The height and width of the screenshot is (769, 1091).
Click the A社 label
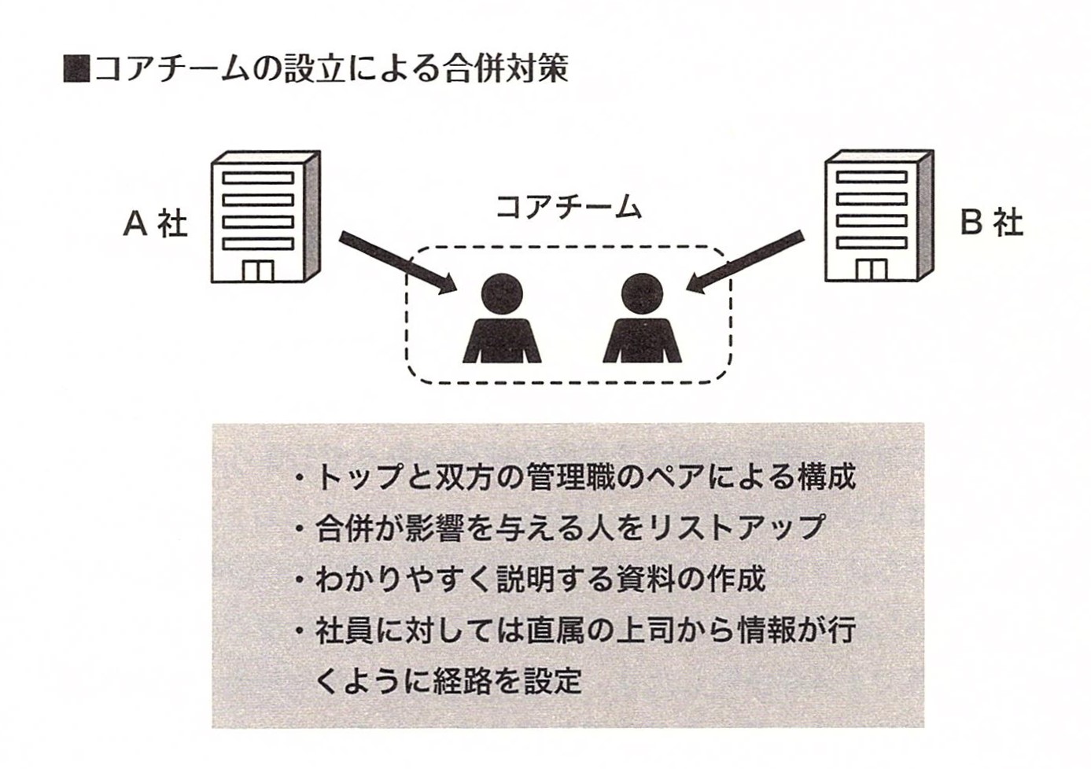coord(155,225)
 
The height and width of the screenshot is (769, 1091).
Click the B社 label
coord(991,224)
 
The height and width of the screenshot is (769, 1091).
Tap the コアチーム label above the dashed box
coord(568,207)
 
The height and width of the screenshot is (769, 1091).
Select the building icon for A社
coord(265,218)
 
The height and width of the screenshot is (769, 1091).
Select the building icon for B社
coord(878,218)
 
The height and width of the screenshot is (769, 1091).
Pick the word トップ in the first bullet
coord(358,478)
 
